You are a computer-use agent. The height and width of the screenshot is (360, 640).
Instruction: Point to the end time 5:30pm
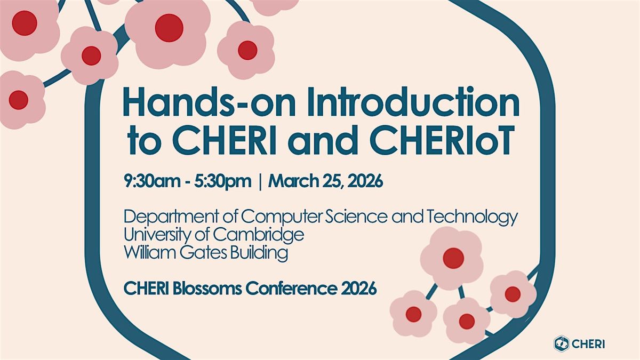tap(223, 181)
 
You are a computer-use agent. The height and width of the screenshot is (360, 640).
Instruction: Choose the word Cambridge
tap(258, 235)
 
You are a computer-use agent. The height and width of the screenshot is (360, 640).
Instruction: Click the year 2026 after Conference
tap(358, 289)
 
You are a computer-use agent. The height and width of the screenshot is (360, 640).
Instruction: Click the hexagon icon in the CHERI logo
tap(562, 343)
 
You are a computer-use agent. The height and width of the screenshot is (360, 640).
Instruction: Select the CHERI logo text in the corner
tap(588, 343)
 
